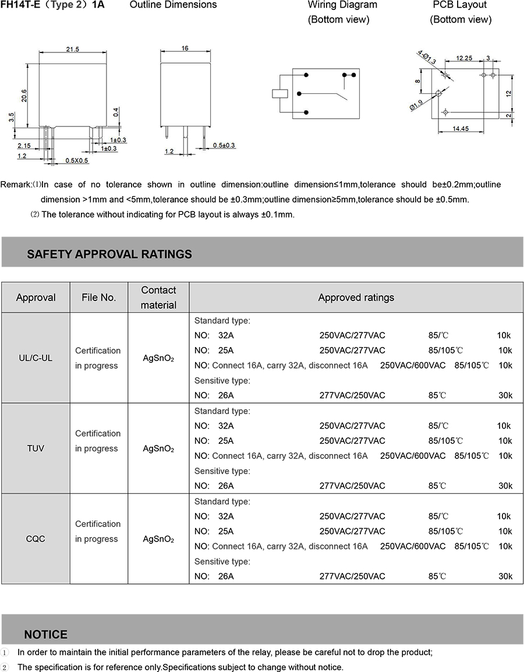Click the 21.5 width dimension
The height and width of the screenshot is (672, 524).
pos(72,49)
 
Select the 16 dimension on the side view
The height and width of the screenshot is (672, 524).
pos(185,48)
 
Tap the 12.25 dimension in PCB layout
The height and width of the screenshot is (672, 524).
pos(464,58)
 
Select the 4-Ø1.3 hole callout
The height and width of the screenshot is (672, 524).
pos(426,58)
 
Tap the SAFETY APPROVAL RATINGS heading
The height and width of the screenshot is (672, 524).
pos(109,254)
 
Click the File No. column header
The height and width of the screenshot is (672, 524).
pos(99,298)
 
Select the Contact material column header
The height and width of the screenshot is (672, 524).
pos(158,297)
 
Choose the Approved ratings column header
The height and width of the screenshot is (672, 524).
pos(356,298)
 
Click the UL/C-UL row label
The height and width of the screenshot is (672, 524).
pos(36,358)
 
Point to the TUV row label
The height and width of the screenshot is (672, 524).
pos(36,448)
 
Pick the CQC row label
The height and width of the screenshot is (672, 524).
pos(36,539)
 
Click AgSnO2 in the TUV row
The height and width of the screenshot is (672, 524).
pos(158,449)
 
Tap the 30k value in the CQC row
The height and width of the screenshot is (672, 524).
pos(505,576)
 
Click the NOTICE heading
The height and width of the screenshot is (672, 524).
pos(46,634)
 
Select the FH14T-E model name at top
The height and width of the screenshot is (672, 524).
pos(20,5)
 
